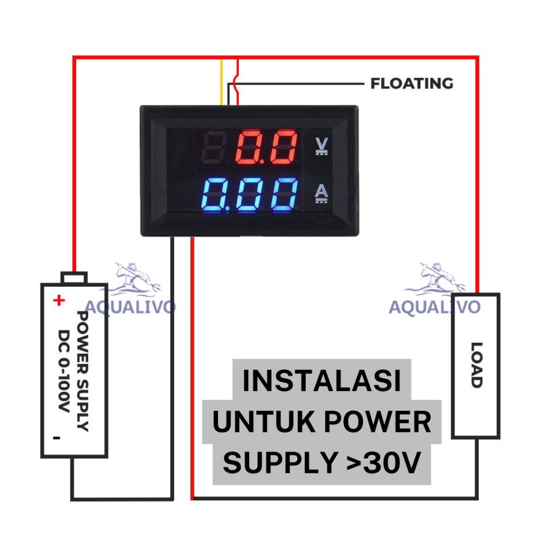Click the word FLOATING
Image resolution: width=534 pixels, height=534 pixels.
[412, 83]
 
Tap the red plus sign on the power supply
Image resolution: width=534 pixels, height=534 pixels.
[59, 300]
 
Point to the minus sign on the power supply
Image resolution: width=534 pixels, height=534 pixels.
[56, 438]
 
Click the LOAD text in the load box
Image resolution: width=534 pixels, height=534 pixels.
[477, 365]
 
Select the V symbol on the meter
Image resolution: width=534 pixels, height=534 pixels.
[321, 146]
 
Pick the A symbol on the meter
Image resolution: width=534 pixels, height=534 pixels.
[321, 193]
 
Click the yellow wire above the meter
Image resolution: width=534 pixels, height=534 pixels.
[221, 82]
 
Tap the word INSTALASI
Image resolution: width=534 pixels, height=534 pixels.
[322, 380]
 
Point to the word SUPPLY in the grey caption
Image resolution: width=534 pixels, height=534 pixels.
[280, 463]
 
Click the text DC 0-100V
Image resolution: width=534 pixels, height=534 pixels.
[64, 371]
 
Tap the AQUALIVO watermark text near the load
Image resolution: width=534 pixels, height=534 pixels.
[434, 307]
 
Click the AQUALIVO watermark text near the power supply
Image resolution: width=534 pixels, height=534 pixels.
[130, 307]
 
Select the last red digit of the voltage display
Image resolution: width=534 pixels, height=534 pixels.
[284, 147]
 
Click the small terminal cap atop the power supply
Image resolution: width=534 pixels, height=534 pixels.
[74, 277]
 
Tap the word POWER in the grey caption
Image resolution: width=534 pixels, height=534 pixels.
[378, 421]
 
